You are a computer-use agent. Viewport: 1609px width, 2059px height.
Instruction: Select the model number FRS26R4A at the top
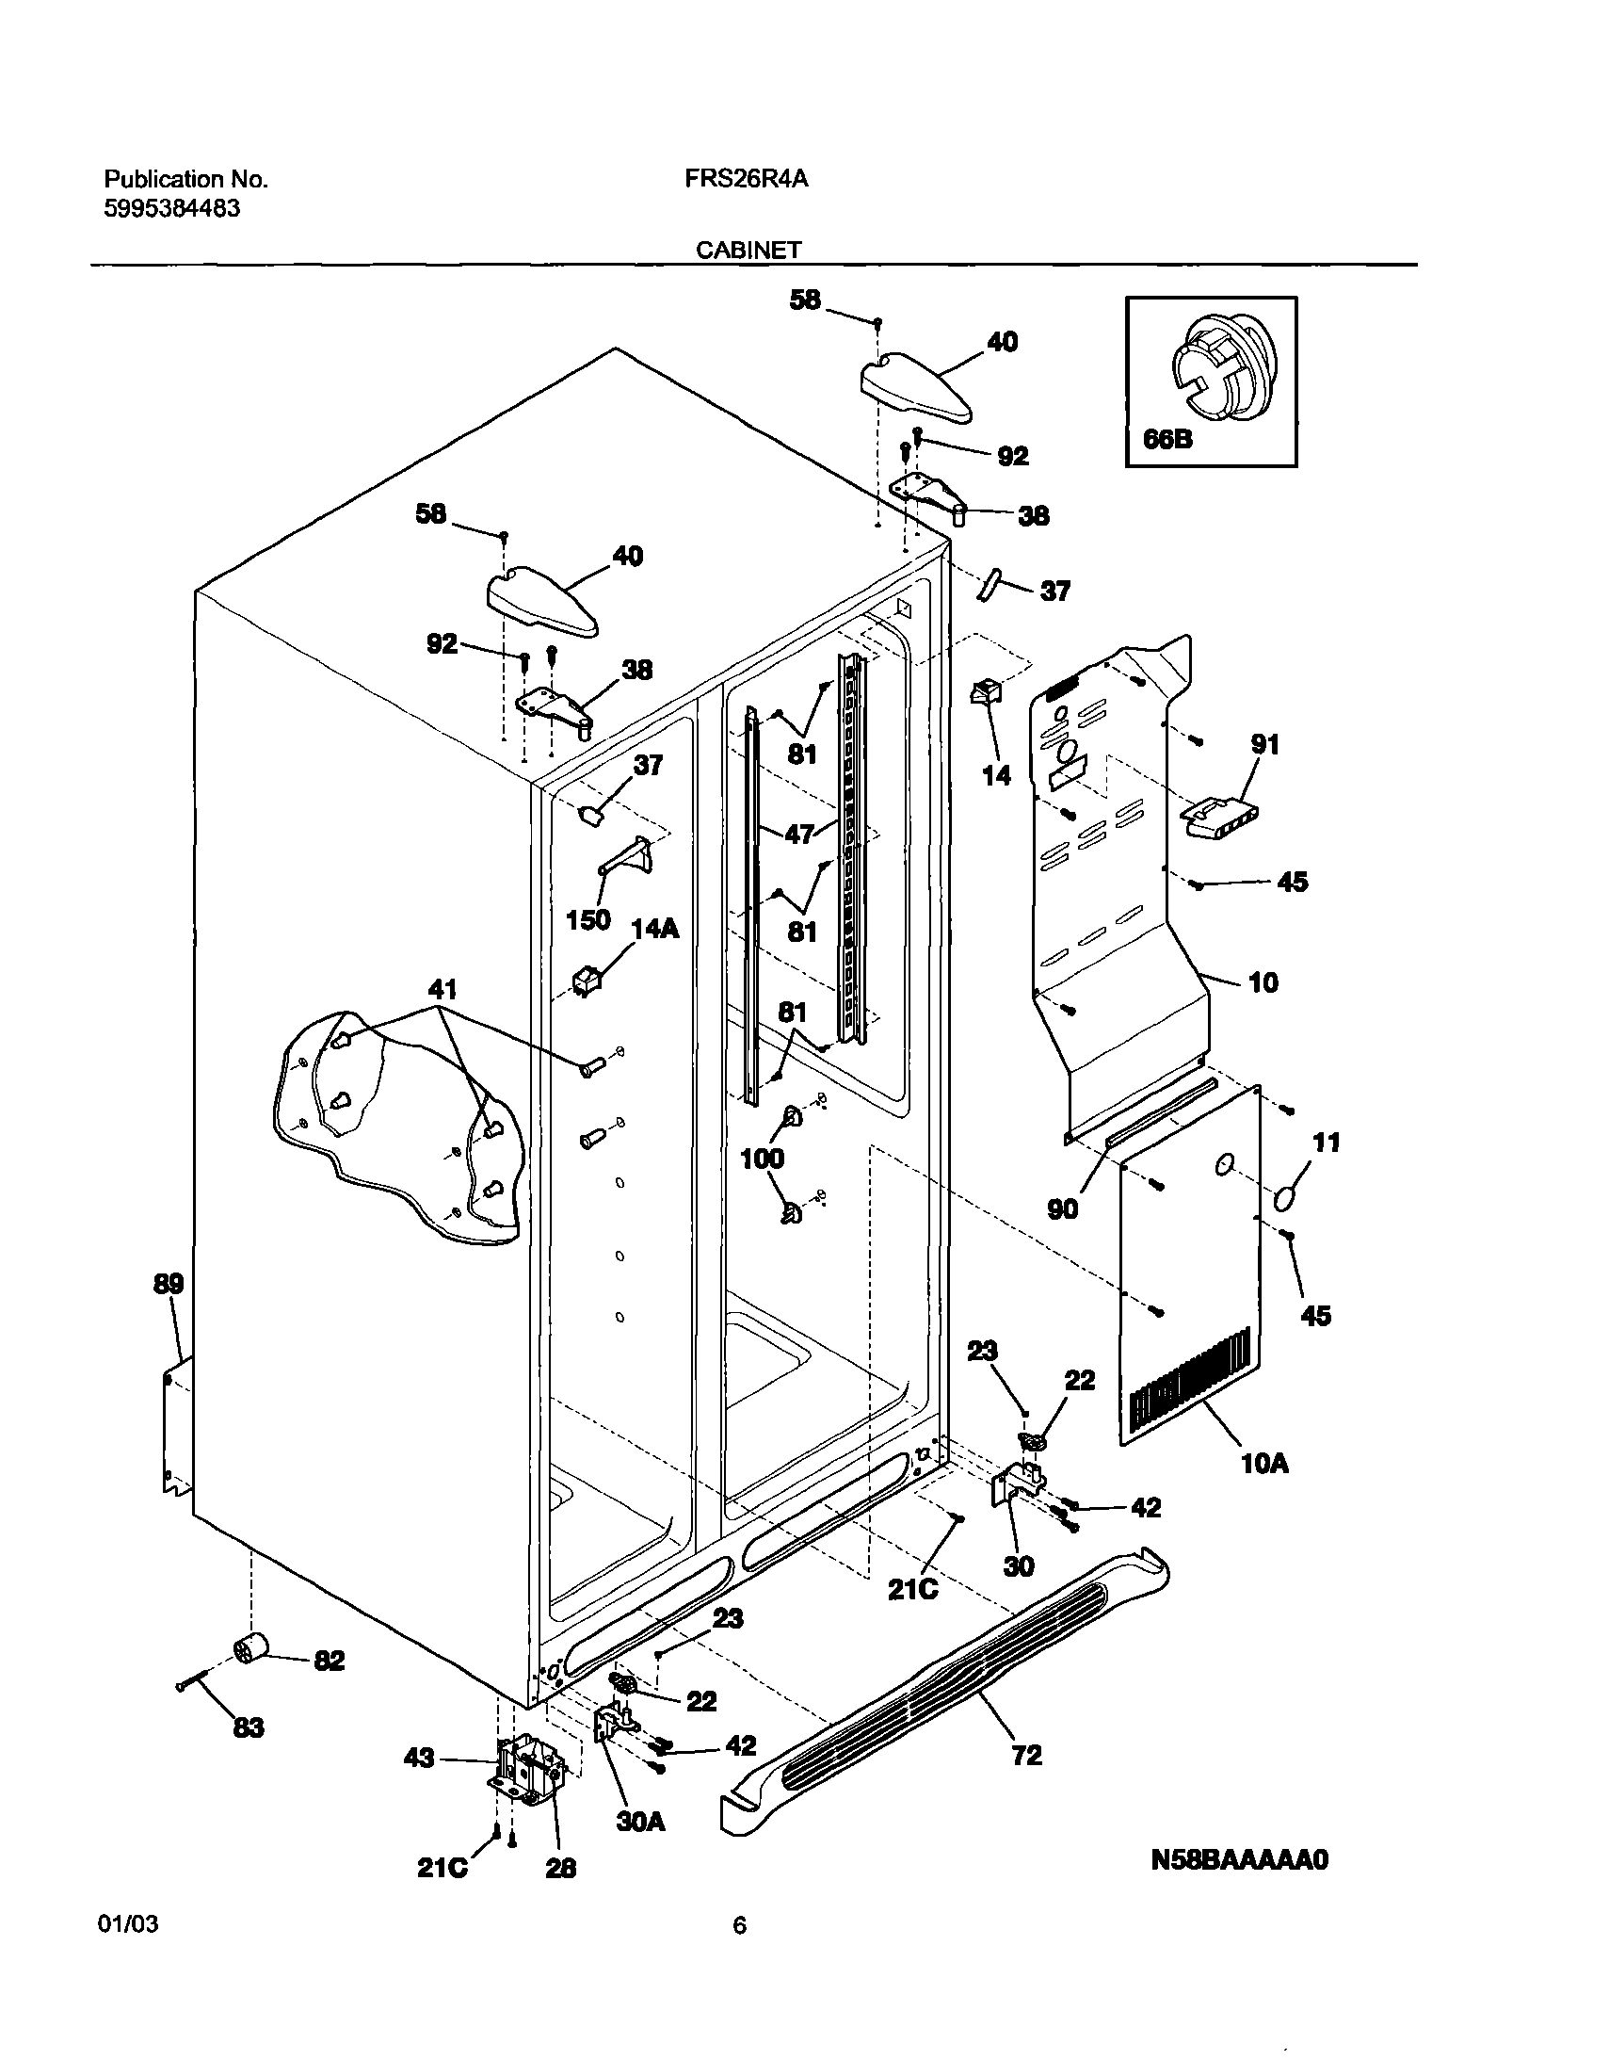click(x=746, y=179)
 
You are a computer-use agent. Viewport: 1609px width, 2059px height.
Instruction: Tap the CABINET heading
click(x=748, y=250)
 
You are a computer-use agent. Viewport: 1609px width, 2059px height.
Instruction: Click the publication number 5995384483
click(x=171, y=208)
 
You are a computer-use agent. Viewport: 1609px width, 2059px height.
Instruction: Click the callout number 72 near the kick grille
click(x=1026, y=1755)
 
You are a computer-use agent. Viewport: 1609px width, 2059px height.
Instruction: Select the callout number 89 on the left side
click(x=169, y=1283)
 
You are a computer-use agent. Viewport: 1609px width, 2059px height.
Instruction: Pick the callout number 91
click(x=1265, y=744)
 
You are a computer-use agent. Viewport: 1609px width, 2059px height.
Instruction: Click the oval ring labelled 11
click(x=1283, y=1199)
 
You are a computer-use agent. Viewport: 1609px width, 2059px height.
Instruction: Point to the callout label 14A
click(x=655, y=929)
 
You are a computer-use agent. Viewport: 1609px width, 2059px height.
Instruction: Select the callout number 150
click(x=588, y=919)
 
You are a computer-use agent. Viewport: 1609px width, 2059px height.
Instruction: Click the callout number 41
click(x=442, y=989)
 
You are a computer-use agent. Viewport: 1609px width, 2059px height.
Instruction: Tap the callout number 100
click(x=763, y=1158)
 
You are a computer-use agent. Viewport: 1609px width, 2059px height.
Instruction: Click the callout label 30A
click(x=641, y=1822)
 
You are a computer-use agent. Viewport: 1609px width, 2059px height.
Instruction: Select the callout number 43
click(x=420, y=1758)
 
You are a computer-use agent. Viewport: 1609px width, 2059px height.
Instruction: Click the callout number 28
click(x=561, y=1868)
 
